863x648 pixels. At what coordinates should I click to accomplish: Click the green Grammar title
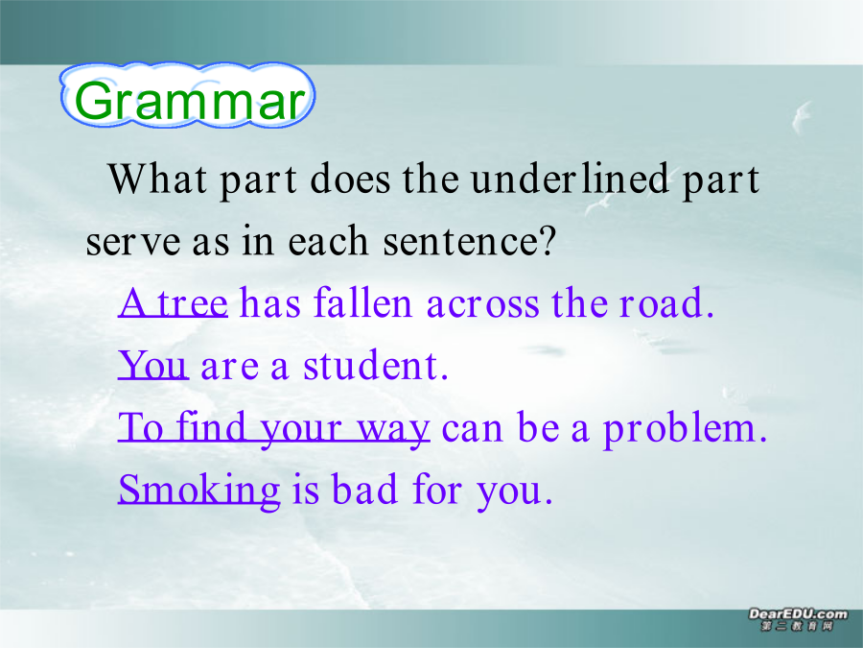pos(189,100)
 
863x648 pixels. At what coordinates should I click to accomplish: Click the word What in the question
pos(157,179)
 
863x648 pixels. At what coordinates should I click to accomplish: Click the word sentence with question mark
pos(470,241)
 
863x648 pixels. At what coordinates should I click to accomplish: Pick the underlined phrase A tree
pos(173,302)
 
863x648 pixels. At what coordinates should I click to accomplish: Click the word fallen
pos(362,302)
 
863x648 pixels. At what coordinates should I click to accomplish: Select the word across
pos(482,304)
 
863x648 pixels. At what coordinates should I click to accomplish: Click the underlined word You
pos(153,365)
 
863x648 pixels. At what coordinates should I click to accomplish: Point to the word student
pos(376,365)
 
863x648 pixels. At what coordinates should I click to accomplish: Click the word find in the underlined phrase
pos(211,426)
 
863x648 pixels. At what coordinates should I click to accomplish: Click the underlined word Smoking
pos(199,491)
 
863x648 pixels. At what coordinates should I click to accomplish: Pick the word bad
pos(364,489)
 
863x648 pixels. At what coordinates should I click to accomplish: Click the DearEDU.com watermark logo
pos(798,619)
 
